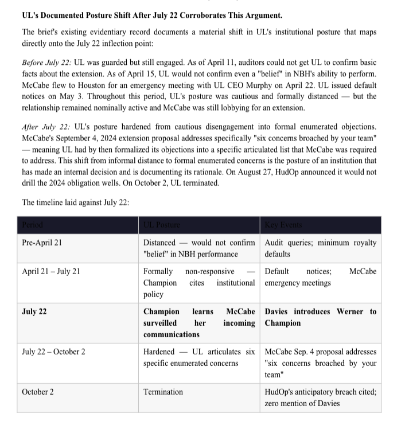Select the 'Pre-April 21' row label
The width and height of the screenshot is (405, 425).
click(42, 243)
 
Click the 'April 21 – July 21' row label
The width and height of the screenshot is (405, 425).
click(50, 271)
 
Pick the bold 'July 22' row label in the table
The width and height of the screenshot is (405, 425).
click(34, 311)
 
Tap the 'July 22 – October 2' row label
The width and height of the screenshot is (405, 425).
click(53, 352)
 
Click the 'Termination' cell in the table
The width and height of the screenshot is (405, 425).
click(163, 392)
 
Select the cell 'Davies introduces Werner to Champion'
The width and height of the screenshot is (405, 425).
click(320, 317)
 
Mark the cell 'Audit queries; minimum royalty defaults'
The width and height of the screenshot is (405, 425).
click(320, 248)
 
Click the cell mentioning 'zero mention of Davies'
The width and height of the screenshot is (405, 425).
click(320, 397)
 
